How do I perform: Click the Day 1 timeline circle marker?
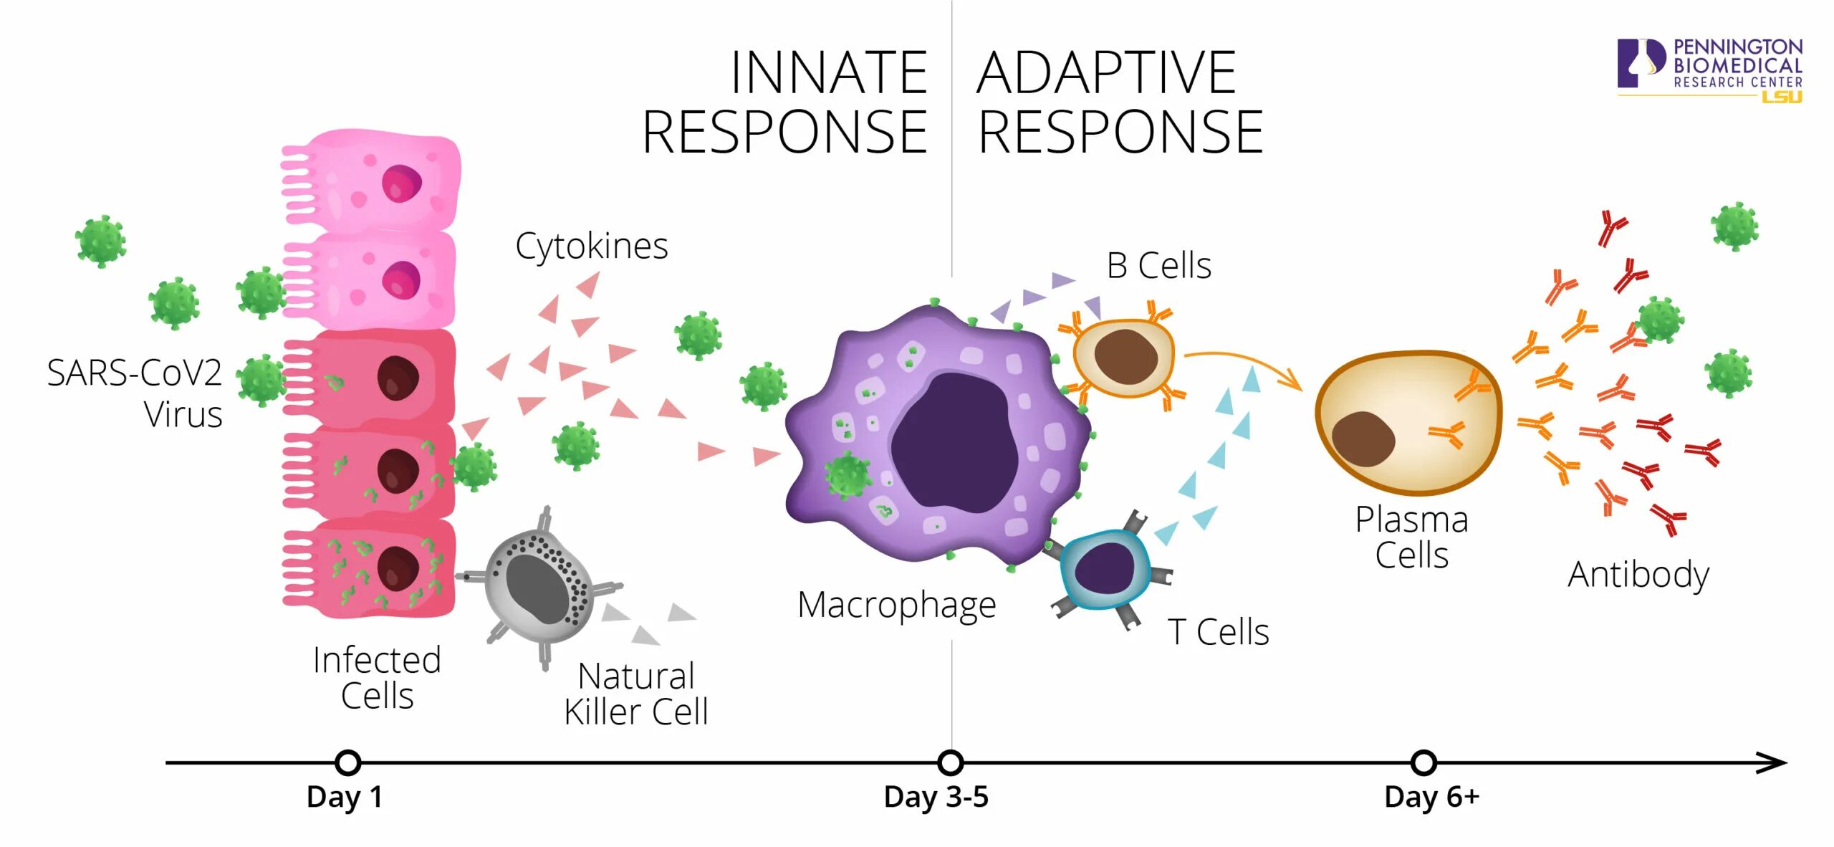point(347,762)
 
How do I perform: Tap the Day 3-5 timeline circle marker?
point(950,762)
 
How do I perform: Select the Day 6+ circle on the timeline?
point(1423,762)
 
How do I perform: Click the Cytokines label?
point(592,246)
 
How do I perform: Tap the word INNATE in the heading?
point(828,73)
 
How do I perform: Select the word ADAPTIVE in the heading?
point(1106,73)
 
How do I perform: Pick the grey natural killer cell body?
point(537,588)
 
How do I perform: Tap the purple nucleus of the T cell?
point(1105,568)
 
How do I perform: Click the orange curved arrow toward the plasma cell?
point(1247,362)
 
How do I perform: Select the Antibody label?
point(1638,574)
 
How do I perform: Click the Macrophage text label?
point(896,606)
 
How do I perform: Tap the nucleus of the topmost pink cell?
point(401,183)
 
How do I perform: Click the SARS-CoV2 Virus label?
point(135,393)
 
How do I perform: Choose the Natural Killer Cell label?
point(636,694)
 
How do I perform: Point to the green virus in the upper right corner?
point(1734,226)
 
